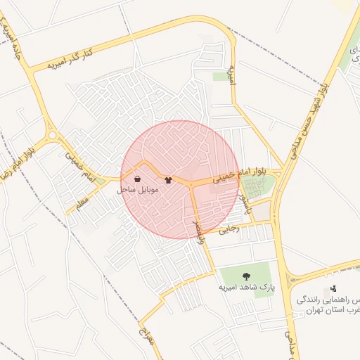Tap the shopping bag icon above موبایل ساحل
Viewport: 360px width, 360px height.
click(137, 179)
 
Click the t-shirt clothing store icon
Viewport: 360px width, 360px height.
click(168, 180)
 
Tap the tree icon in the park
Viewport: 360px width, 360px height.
click(246, 276)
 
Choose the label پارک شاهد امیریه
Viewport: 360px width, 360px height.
click(245, 288)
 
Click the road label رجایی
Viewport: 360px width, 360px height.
click(229, 229)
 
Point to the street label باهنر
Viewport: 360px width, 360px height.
click(245, 206)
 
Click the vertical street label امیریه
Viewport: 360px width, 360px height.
click(233, 75)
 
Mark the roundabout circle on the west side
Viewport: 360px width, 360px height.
click(52, 136)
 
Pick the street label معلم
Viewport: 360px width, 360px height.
click(82, 202)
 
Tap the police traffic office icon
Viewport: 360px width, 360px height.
click(333, 289)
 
